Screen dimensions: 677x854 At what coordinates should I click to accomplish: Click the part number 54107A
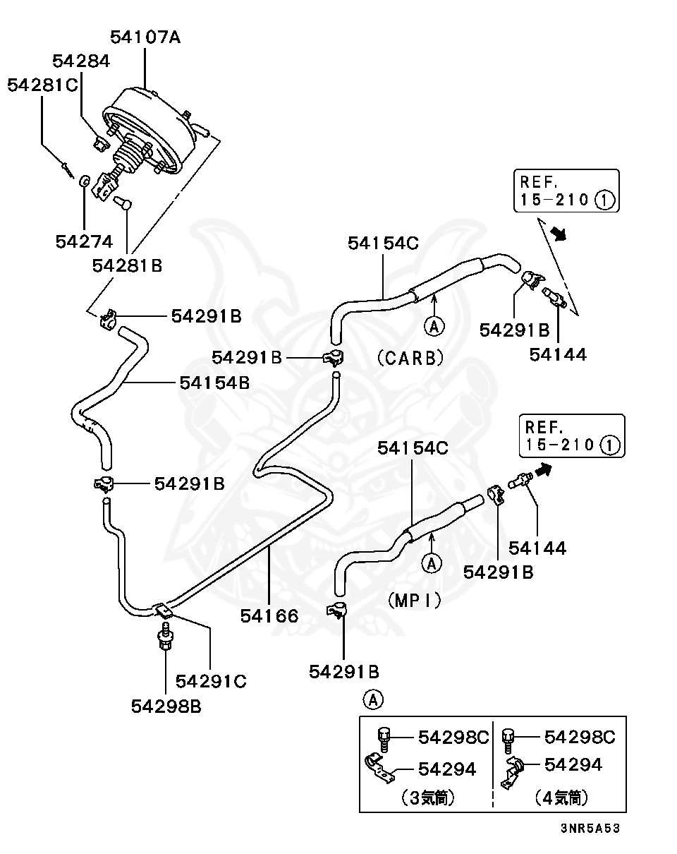[x=145, y=37]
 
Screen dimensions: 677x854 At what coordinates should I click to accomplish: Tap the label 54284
[x=81, y=61]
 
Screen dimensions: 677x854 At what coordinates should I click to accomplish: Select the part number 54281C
[x=43, y=85]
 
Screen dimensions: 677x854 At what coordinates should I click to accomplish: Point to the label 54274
[x=84, y=241]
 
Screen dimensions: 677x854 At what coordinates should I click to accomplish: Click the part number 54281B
[x=128, y=265]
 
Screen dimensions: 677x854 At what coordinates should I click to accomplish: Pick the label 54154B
[x=214, y=383]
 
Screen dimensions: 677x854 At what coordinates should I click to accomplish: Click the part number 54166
[x=269, y=615]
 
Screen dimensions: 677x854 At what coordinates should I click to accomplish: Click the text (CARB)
[x=410, y=358]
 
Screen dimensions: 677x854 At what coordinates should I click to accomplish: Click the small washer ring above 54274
[x=85, y=181]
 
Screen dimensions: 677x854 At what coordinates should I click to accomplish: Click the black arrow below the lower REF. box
[x=543, y=470]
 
